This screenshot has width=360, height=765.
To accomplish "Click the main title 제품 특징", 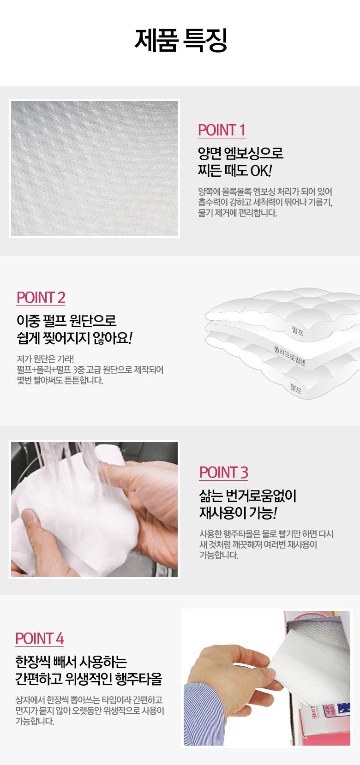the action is coord(180,40).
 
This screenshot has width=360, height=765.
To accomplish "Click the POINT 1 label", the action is coord(222,130).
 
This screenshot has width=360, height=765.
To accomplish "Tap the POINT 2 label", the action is coord(41,298).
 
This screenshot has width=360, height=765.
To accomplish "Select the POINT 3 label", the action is coord(224,472).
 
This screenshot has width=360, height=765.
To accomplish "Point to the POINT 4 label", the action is coord(40,638).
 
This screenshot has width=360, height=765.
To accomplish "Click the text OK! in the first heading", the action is coord(261,171).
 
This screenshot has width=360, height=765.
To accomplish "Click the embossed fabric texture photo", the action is coord(94,168).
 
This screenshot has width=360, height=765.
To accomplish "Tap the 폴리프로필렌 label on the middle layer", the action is coord(290,356).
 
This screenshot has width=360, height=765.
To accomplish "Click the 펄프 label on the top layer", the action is coord(297,330).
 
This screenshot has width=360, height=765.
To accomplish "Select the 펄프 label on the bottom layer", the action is coord(296,388).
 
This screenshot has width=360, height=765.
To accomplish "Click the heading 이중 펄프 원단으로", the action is coord(66,320).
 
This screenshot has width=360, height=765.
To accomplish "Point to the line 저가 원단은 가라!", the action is coord(45,359).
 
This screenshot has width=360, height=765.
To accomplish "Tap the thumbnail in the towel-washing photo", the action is coord(29,516).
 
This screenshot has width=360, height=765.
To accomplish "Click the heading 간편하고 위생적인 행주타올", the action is coord(89,679).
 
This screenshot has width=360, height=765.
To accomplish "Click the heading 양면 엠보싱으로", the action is coord(241,153).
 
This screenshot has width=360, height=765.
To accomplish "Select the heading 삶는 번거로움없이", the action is coord(248,496).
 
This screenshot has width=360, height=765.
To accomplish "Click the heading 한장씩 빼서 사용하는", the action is coord(71,662).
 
